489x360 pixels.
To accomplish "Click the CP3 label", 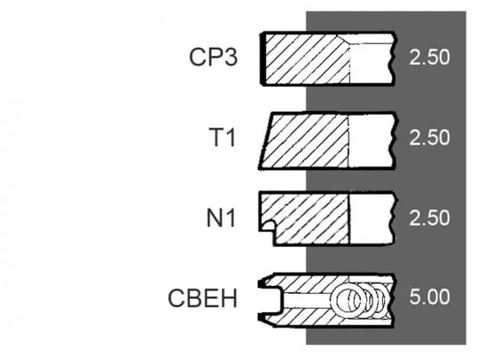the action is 213,58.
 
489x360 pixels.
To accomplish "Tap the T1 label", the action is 223,137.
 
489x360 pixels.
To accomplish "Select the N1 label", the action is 221,217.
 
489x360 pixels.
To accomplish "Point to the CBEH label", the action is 203,298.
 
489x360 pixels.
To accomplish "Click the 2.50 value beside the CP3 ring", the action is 429,58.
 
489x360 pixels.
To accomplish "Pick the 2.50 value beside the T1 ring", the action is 429,137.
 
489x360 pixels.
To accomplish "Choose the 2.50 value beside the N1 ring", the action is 429,217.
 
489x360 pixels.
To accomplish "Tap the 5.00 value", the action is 429,296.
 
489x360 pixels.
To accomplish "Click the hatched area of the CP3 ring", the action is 307,59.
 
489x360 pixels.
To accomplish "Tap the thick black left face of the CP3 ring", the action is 262,59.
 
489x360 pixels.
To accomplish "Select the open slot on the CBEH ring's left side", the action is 270,300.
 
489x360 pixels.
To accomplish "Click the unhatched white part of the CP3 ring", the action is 371,59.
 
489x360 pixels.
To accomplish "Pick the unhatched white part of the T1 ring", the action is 370,141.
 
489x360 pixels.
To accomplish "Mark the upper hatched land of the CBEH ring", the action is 309,284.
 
